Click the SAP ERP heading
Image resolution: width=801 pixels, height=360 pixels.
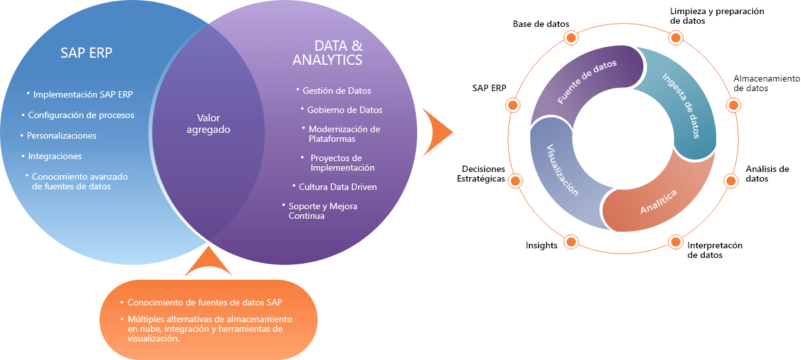[86, 53]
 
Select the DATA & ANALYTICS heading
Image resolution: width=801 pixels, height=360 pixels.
[329, 53]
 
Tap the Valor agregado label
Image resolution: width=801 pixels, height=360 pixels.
[208, 123]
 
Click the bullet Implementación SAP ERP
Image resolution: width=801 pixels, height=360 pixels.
[83, 94]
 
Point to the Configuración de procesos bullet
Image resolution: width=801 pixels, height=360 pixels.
[81, 115]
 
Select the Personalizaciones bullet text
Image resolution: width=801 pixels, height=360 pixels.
[62, 135]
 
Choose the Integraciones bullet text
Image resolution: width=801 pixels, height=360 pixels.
[55, 156]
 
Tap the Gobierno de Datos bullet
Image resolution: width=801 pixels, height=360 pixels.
[344, 110]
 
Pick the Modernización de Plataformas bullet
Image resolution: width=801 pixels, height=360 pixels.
[344, 133]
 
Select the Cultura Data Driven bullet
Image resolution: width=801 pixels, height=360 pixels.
[338, 187]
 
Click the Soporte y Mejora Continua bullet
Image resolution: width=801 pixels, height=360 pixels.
[322, 210]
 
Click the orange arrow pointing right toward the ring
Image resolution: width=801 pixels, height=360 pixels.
[439, 132]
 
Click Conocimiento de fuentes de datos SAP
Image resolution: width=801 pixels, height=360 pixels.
[205, 302]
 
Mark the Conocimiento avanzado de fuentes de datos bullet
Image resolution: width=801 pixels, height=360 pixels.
[80, 181]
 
